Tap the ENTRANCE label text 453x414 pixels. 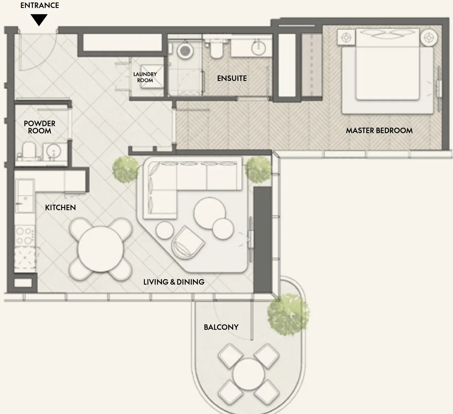[x=40, y=5]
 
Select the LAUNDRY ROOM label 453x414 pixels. [x=145, y=77]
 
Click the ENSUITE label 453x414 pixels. [x=232, y=78]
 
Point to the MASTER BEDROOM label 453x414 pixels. [x=379, y=130]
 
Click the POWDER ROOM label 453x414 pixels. [x=40, y=127]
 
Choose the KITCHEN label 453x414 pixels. [x=60, y=208]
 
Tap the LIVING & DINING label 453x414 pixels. [x=174, y=282]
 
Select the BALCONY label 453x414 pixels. [x=221, y=327]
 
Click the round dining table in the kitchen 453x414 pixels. [x=101, y=249]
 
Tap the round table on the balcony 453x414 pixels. [x=248, y=374]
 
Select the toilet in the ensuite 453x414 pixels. [x=216, y=49]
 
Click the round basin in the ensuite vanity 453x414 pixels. [x=259, y=48]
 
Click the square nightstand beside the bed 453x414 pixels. [x=346, y=37]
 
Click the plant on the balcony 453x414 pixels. [x=288, y=314]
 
